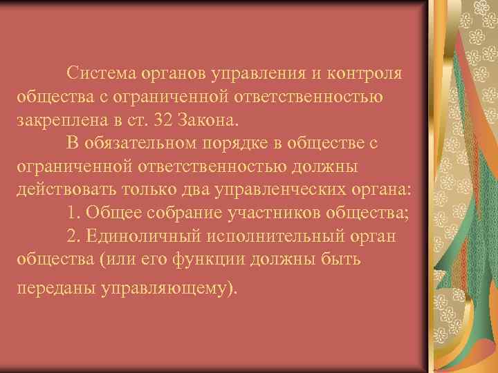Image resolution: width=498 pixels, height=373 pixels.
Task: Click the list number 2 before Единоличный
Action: click(73, 236)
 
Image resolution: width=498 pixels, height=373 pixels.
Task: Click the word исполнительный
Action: click(264, 236)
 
